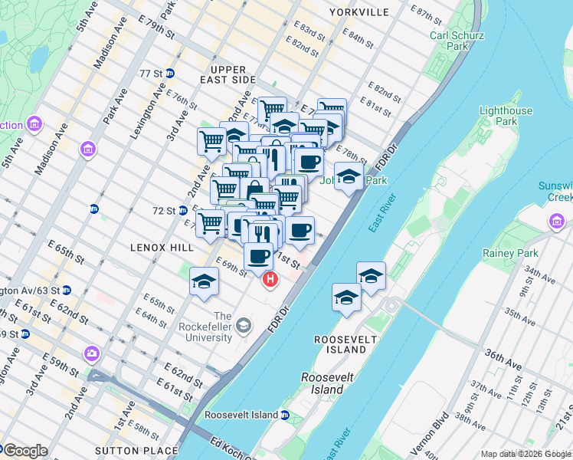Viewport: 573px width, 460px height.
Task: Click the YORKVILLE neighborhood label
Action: (359, 12)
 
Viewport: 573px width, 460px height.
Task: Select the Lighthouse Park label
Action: (506, 116)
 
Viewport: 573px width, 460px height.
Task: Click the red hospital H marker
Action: (270, 281)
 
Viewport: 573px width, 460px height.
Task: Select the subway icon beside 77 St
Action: (170, 73)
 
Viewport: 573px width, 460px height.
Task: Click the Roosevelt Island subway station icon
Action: (284, 415)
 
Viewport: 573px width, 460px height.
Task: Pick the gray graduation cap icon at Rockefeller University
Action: (243, 327)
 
